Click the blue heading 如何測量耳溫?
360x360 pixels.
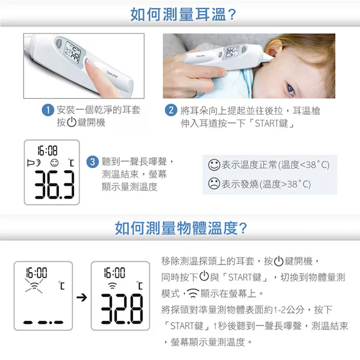pyautogui.click(x=183, y=14)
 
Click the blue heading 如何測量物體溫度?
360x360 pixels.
pyautogui.click(x=181, y=228)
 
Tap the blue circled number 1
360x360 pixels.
pyautogui.click(x=48, y=110)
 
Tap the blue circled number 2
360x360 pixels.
pyautogui.click(x=171, y=110)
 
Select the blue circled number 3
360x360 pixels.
pyautogui.click(x=92, y=162)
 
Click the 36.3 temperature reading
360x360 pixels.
pyautogui.click(x=55, y=184)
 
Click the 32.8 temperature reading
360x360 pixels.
pyautogui.click(x=122, y=309)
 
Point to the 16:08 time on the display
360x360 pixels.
pyautogui.click(x=47, y=151)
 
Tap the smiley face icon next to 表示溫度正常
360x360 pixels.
pyautogui.click(x=214, y=165)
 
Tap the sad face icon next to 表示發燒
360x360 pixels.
pyautogui.click(x=214, y=184)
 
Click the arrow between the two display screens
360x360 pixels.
pyautogui.click(x=82, y=298)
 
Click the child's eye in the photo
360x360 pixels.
pyautogui.click(x=291, y=89)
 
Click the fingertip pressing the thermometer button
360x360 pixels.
pyautogui.click(x=90, y=63)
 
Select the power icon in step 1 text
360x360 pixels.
pyautogui.click(x=71, y=122)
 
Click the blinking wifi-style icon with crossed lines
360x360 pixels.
pyautogui.click(x=34, y=286)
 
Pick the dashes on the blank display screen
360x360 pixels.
pyautogui.click(x=43, y=322)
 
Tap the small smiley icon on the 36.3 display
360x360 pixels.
pyautogui.click(x=55, y=163)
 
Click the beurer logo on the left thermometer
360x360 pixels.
pyautogui.click(x=112, y=74)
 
